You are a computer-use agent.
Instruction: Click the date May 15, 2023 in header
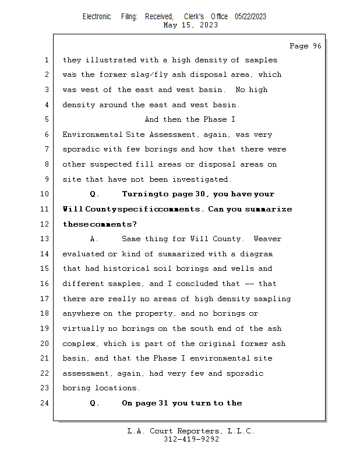point(190,25)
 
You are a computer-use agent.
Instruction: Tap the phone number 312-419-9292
point(190,439)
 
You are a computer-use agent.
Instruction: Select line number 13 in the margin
point(45,239)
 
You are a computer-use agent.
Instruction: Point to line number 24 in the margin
point(45,403)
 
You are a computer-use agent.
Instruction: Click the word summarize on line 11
point(269,209)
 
